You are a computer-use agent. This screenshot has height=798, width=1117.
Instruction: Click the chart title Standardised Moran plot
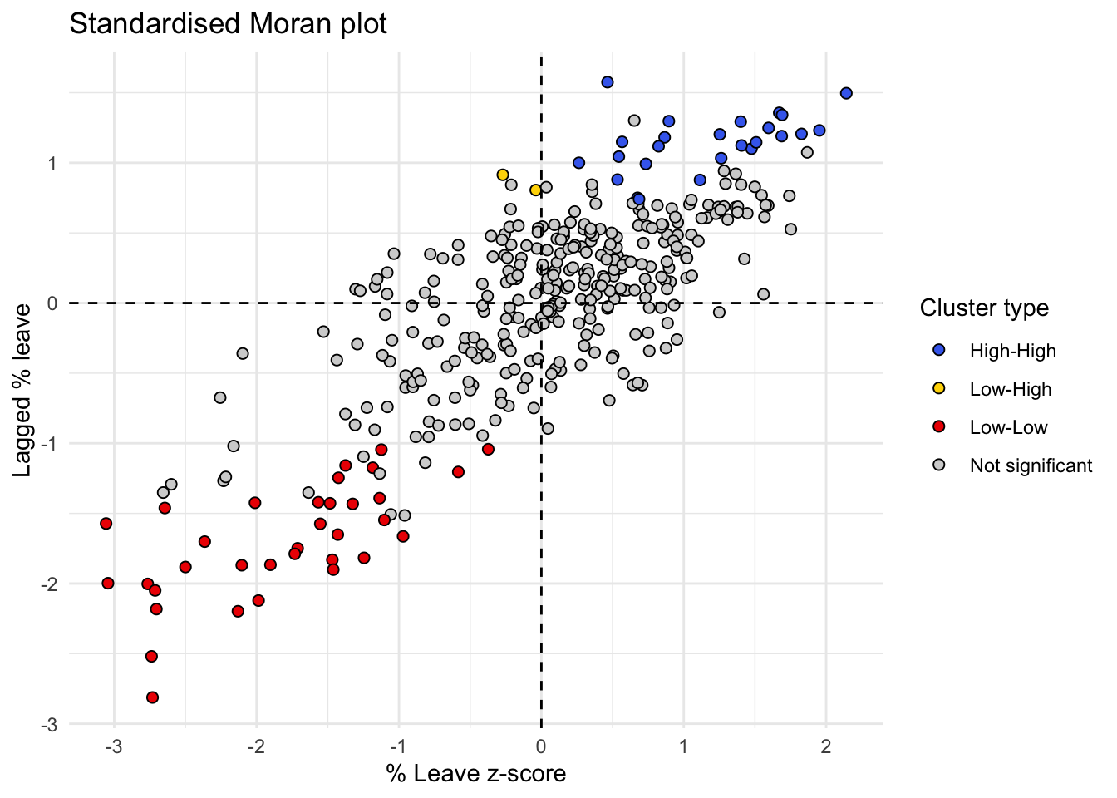point(228,24)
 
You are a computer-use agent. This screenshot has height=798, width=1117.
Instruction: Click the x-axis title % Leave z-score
point(476,774)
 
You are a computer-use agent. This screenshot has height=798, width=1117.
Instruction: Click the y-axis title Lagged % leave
point(22,391)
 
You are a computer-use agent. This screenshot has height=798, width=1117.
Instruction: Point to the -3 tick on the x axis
point(114,746)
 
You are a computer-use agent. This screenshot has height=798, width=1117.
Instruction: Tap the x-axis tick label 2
point(826,746)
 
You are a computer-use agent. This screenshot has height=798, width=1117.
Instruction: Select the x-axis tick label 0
point(541,746)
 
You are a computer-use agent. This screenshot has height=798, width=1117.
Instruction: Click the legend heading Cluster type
point(984,308)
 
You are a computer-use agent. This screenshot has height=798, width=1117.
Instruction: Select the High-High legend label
point(1012,351)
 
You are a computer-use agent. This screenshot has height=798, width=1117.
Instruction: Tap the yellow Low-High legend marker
point(939,389)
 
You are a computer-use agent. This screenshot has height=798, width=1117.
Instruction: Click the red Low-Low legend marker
point(939,427)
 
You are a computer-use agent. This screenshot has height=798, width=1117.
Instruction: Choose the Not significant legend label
point(1031,465)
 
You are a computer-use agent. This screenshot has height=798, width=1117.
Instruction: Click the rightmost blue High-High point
point(846,93)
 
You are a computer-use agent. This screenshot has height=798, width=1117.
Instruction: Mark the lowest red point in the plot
point(152,697)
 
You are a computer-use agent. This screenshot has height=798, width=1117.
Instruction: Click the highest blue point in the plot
point(608,82)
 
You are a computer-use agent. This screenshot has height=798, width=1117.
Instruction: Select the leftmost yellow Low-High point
point(503,175)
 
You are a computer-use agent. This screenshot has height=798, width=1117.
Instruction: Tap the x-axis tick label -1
point(399,746)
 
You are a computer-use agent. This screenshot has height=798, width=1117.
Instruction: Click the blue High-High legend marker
point(939,351)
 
